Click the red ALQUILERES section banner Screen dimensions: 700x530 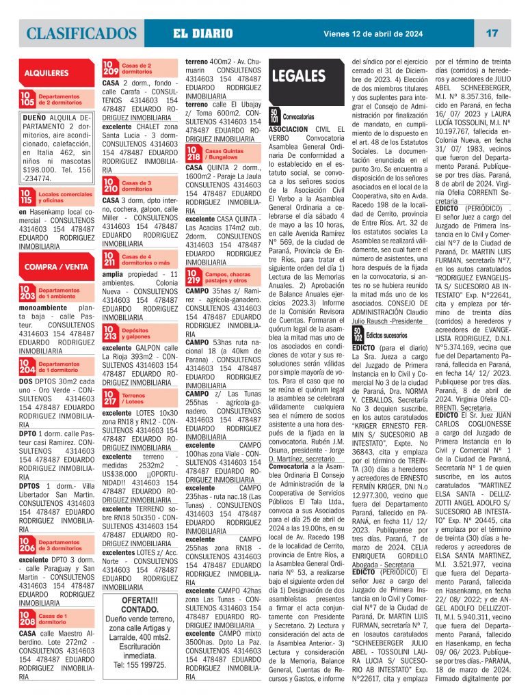tap(47, 72)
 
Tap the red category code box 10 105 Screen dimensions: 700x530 tap(27, 100)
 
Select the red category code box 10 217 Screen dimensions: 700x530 tap(111, 399)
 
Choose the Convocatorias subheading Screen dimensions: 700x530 tap(298, 117)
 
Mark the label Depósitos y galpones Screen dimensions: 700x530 tap(136, 334)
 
